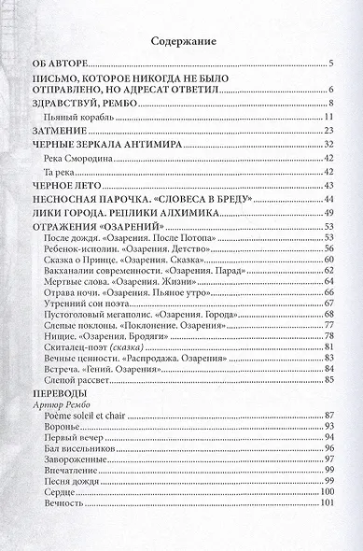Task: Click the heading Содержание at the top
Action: pyautogui.click(x=181, y=41)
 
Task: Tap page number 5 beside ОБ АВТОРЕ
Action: pyautogui.click(x=331, y=64)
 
